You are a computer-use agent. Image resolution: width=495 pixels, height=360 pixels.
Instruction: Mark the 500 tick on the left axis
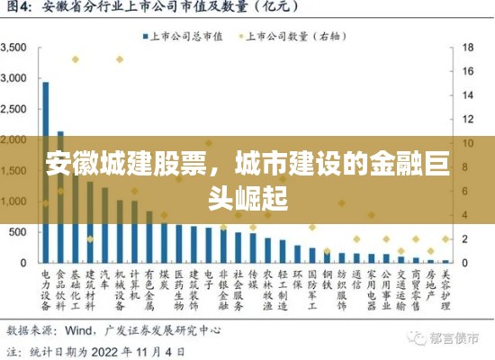pos(19,232)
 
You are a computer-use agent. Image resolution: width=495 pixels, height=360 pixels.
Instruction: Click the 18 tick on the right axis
pos(468,47)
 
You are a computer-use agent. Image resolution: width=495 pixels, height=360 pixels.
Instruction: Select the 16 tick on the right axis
pos(468,69)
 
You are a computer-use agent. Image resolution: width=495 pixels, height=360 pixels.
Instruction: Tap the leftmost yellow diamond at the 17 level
pos(76,59)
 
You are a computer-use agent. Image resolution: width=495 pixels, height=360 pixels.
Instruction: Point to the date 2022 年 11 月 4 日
pos(144,350)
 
